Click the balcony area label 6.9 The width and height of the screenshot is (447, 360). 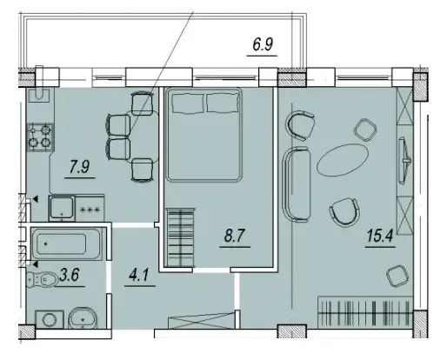263,45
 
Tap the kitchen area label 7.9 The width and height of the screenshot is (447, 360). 80,167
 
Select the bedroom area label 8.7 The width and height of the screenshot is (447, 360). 235,236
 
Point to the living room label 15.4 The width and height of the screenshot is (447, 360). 380,236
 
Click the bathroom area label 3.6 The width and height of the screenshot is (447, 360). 70,275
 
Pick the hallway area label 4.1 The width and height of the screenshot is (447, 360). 139,275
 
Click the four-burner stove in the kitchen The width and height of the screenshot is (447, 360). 40,137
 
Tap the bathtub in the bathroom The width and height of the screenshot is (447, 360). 66,244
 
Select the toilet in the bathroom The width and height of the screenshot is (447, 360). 42,279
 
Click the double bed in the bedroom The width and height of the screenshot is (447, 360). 203,135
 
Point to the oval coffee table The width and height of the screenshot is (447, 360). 343,160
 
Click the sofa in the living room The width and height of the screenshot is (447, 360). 297,184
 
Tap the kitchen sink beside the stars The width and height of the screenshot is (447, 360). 62,208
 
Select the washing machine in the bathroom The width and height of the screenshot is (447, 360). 50,319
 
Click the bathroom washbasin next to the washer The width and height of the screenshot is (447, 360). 83,318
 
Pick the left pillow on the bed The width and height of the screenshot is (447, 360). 188,103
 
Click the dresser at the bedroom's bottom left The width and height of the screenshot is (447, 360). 180,237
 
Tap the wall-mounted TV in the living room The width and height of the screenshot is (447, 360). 404,160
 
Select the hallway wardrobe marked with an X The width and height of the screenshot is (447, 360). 202,320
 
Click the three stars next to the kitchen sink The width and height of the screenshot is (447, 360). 90,210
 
